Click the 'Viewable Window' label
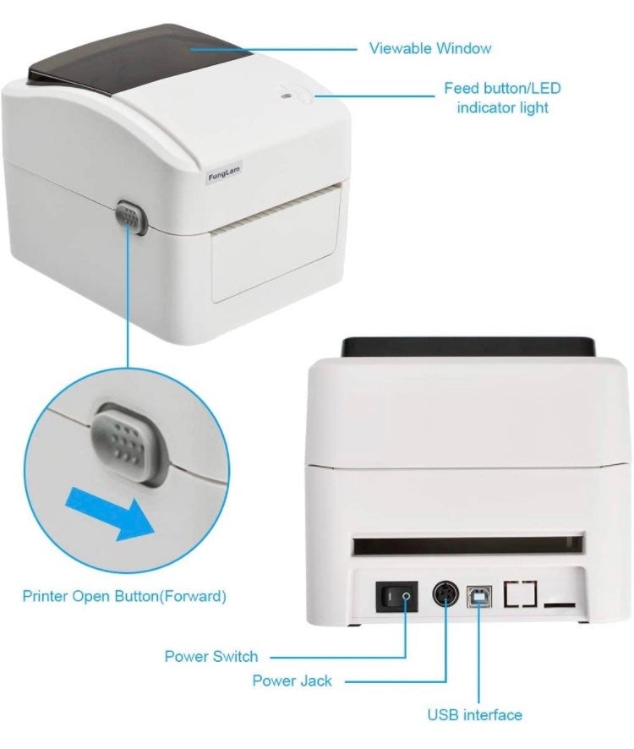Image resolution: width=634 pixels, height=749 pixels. (x=430, y=48)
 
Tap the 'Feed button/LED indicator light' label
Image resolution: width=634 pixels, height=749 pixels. (x=502, y=98)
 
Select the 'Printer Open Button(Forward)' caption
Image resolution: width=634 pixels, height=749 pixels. (x=124, y=596)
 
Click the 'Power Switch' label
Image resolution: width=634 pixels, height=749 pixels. (x=211, y=656)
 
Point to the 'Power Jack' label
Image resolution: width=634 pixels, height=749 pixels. (x=292, y=681)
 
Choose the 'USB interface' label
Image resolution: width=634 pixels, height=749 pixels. (x=474, y=715)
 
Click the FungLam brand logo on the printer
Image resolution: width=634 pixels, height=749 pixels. (x=225, y=173)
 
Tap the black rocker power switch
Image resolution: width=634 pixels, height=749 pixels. (x=396, y=597)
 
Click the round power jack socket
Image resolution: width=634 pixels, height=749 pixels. (x=445, y=595)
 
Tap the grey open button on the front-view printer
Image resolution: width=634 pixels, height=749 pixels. (x=131, y=217)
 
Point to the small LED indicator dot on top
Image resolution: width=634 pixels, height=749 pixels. (x=287, y=96)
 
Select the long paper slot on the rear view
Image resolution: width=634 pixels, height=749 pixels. (x=468, y=544)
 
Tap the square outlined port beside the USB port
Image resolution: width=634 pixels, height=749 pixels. (x=520, y=594)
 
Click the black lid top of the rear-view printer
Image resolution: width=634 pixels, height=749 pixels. (x=468, y=347)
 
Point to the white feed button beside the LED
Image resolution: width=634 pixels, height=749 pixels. (x=304, y=96)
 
